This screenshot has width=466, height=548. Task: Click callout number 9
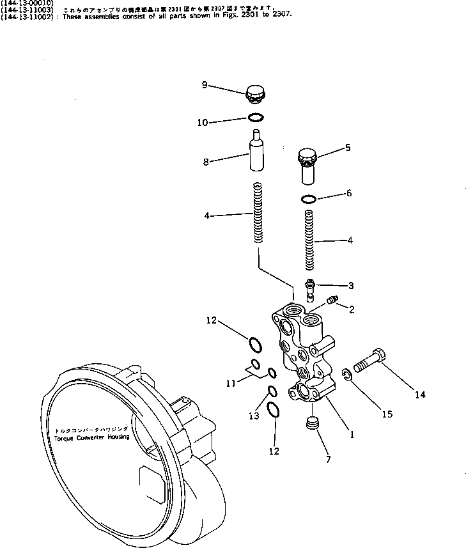(x=204, y=84)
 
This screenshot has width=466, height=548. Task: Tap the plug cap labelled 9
(x=256, y=95)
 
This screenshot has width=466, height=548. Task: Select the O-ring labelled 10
(x=256, y=118)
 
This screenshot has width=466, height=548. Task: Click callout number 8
(x=206, y=162)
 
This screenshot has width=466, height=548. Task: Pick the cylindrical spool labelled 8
(x=256, y=151)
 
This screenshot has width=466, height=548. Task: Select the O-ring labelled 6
(x=308, y=199)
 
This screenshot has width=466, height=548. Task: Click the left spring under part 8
(x=258, y=213)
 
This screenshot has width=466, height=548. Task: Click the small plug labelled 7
(x=313, y=423)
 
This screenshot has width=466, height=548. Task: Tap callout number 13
(x=254, y=416)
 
